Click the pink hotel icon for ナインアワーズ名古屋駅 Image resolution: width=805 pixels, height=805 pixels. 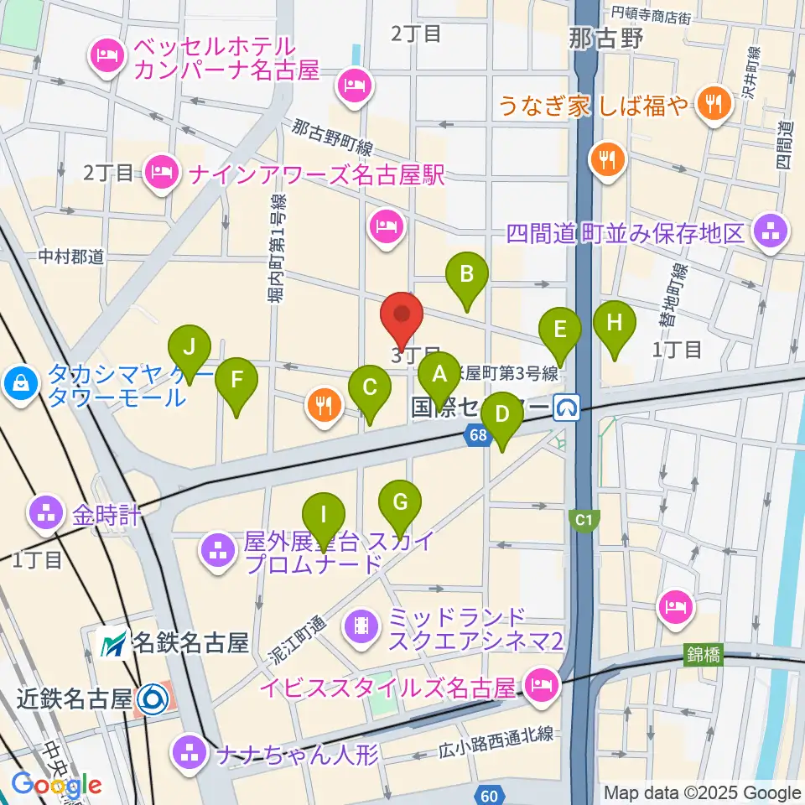159,173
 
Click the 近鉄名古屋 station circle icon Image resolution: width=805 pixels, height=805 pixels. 152,698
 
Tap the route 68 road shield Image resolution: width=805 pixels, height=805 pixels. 478,434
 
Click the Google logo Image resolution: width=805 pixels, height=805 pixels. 57,785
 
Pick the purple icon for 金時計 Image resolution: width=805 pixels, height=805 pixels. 44,513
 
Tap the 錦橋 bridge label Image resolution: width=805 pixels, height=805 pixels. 702,655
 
